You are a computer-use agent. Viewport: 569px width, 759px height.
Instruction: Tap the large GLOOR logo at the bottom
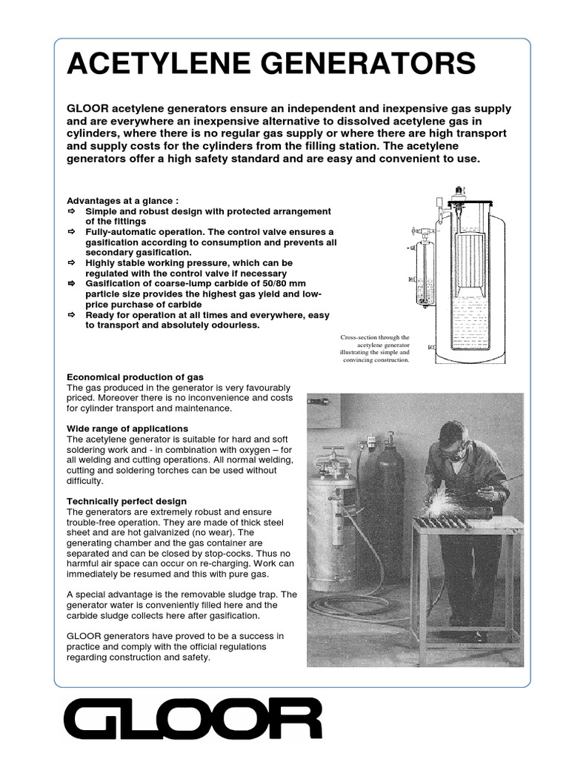click(193, 720)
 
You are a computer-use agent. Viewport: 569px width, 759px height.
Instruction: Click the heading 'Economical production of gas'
click(135, 377)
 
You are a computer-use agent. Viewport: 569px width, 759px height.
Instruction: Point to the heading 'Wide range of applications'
click(127, 428)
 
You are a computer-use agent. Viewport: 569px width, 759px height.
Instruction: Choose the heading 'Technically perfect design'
click(127, 502)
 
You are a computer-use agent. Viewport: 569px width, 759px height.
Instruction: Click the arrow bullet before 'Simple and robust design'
click(72, 211)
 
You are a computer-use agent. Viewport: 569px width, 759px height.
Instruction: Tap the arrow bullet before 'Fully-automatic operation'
click(72, 232)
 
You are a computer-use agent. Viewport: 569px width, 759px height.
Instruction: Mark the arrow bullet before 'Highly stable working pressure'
click(72, 263)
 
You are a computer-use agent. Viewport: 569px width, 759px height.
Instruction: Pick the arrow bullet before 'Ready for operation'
click(72, 315)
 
